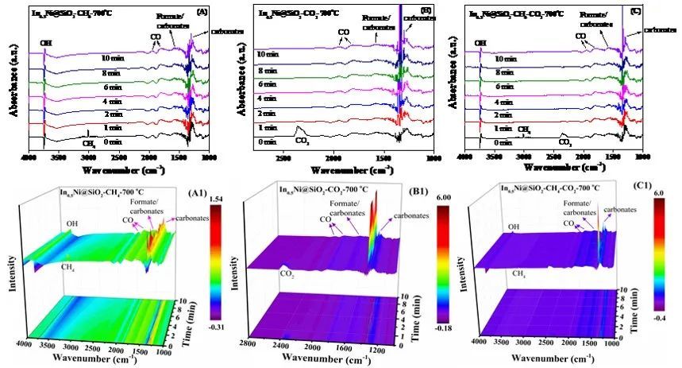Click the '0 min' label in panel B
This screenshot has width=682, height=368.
[266, 141]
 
